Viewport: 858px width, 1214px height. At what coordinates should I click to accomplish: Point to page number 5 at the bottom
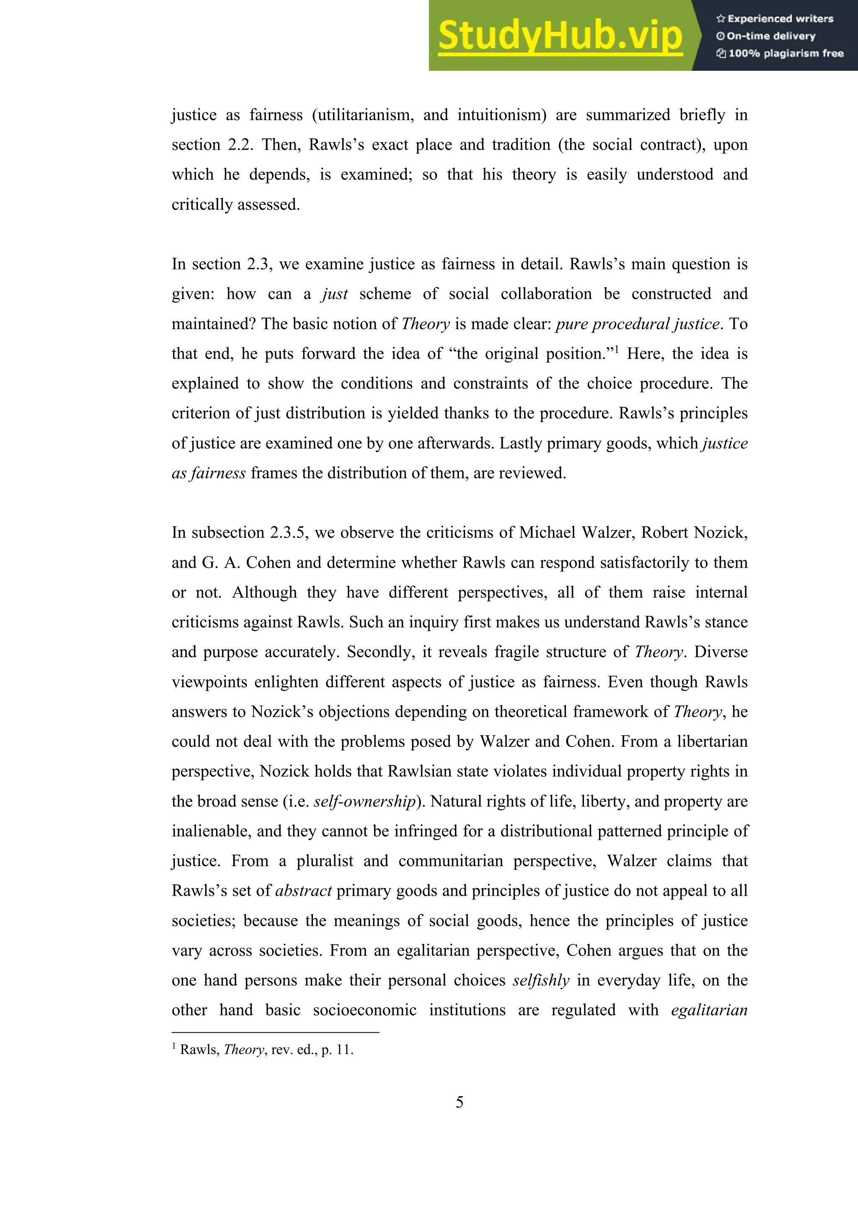tap(460, 1102)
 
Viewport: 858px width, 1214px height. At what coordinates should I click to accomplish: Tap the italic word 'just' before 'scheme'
tap(335, 294)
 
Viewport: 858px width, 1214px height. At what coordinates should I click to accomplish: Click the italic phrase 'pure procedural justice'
tap(638, 323)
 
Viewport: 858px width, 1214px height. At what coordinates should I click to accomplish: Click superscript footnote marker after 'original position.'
tap(616, 349)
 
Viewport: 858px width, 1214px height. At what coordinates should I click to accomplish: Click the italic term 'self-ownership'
tap(365, 801)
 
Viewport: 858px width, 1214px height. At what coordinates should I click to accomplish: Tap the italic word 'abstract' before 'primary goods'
tap(303, 891)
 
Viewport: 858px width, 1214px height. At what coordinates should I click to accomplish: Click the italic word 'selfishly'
tap(541, 980)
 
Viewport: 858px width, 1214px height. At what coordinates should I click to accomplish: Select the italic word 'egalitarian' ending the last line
tap(709, 1010)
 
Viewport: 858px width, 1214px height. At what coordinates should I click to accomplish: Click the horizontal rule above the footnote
tap(275, 1032)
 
